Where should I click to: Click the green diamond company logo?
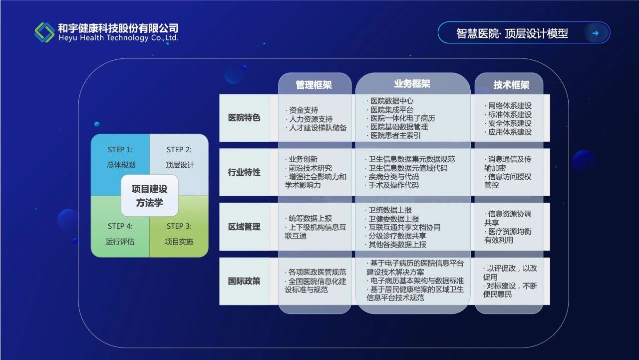click(44, 32)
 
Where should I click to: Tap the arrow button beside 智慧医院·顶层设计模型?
click(595, 33)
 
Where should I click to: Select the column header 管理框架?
click(314, 85)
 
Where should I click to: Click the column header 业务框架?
click(412, 84)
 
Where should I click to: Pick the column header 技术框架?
click(511, 85)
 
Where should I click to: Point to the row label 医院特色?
click(244, 117)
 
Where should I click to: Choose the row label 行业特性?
click(244, 172)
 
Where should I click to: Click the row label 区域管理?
click(244, 227)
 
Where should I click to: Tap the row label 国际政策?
click(244, 281)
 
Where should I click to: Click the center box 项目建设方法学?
click(149, 196)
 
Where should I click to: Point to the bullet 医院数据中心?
click(390, 101)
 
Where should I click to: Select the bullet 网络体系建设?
click(508, 106)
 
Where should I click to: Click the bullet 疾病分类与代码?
click(391, 177)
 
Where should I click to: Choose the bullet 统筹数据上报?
click(308, 219)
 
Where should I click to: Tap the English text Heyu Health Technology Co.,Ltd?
click(118, 38)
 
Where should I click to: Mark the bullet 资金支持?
click(302, 110)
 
